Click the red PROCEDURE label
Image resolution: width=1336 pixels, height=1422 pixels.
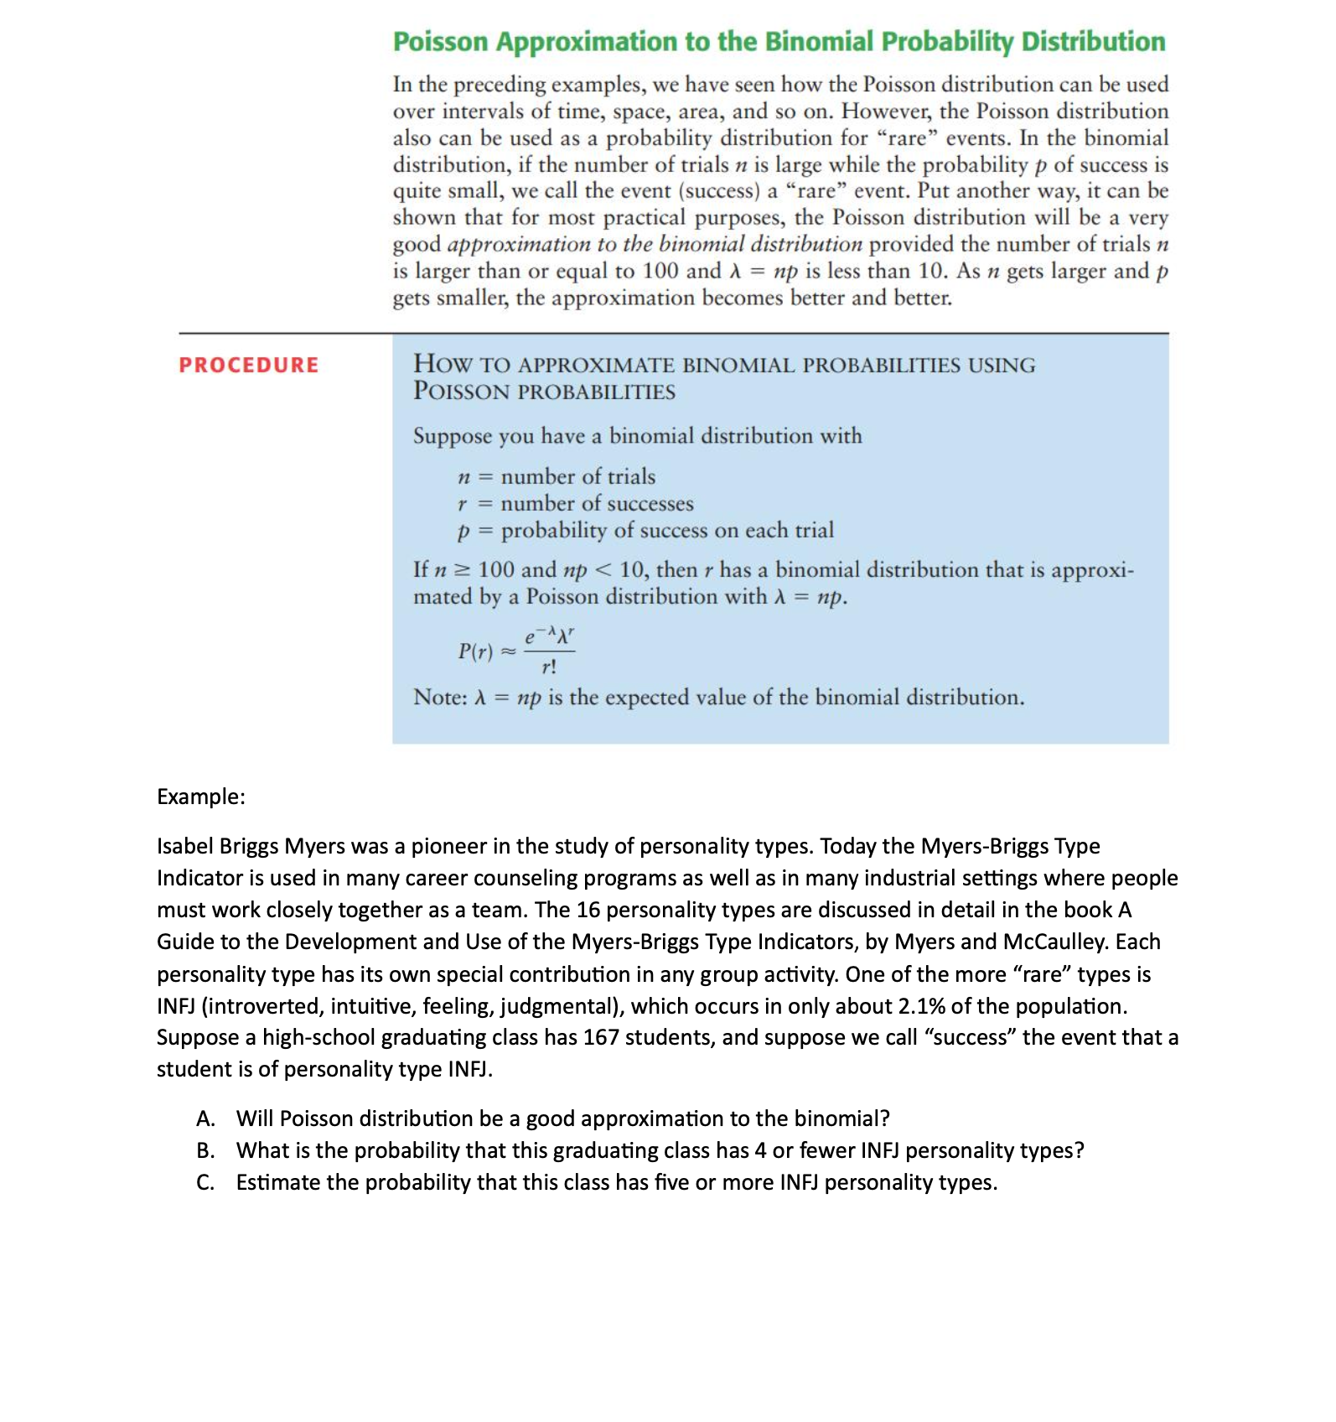(x=248, y=365)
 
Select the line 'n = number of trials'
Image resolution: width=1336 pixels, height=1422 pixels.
(x=557, y=476)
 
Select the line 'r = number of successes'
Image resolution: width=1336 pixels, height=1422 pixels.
(x=575, y=503)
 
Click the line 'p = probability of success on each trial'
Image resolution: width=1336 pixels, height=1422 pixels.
(x=645, y=530)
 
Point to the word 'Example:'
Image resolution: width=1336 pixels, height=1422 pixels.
(x=201, y=796)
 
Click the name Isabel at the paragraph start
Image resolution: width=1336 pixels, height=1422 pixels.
(x=184, y=846)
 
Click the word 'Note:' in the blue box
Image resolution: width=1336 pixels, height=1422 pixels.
(x=440, y=698)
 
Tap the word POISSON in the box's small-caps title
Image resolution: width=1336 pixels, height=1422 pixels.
(x=461, y=392)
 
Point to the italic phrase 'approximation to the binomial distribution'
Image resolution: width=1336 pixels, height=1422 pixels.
(x=655, y=244)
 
